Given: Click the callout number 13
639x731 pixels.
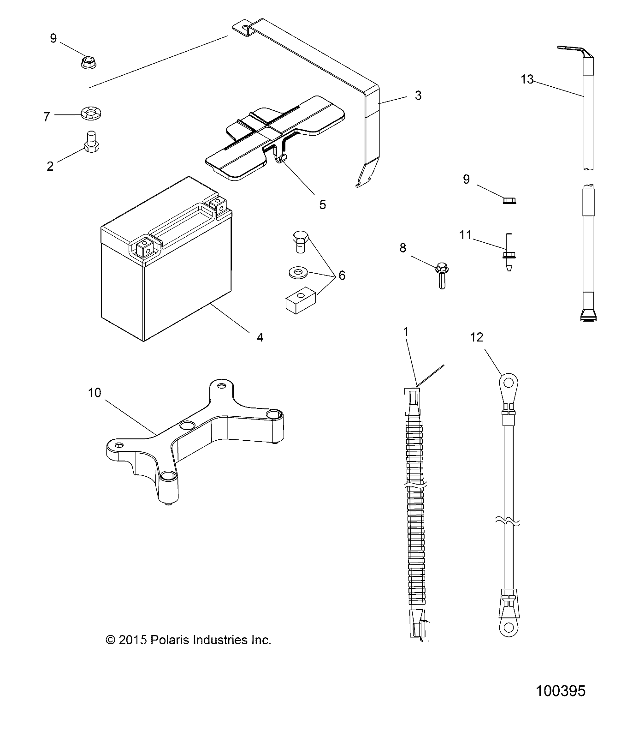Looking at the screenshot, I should (527, 79).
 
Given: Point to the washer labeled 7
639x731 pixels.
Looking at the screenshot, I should (92, 113).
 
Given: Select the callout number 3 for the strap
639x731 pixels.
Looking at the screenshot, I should (418, 96).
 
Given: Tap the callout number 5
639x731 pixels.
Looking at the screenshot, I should (322, 204).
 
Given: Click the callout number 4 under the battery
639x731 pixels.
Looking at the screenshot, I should (260, 337).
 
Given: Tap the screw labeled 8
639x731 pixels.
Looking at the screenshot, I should (442, 275).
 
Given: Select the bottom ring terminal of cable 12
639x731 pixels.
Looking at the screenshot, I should (508, 626).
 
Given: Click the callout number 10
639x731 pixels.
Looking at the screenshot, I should (95, 393).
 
